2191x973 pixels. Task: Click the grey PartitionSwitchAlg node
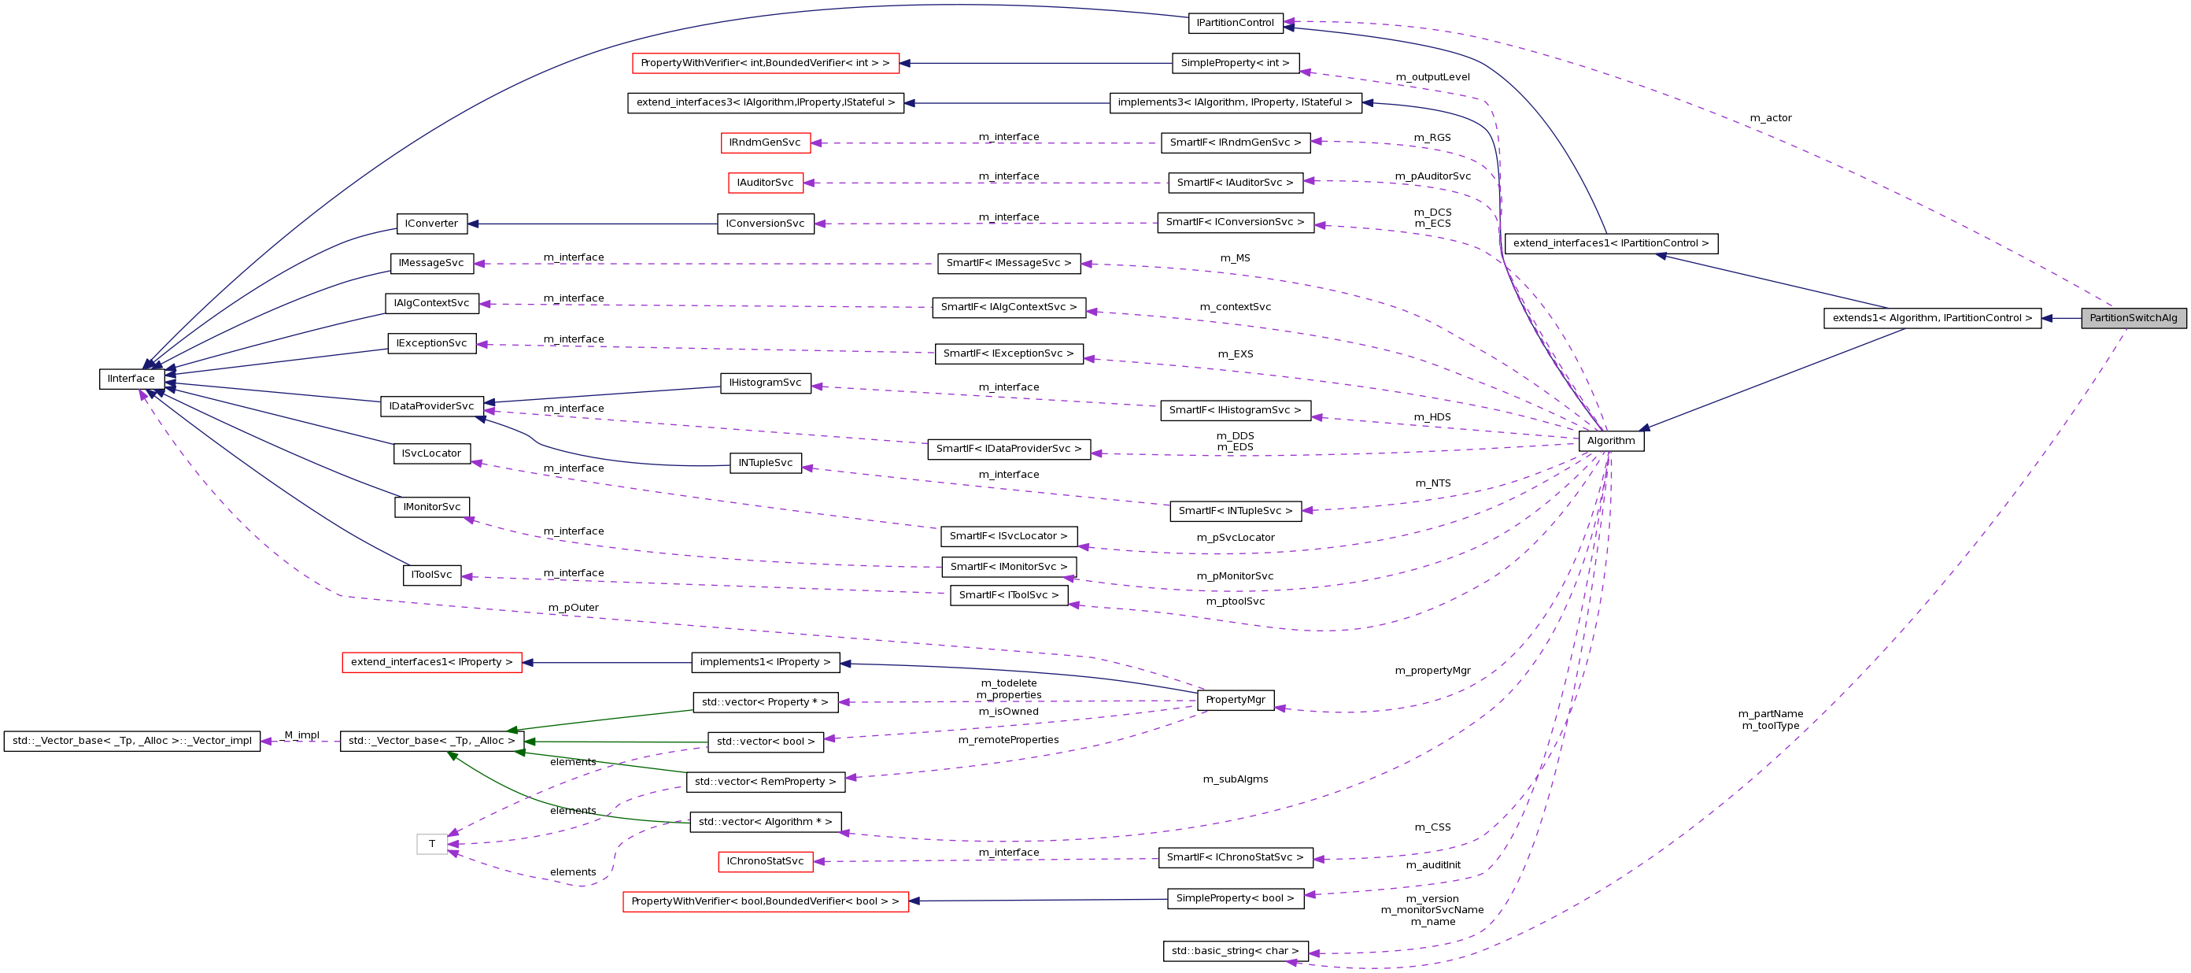click(2134, 318)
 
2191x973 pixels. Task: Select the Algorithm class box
click(1610, 441)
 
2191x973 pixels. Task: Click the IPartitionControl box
click(1234, 23)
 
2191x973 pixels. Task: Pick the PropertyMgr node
click(1235, 700)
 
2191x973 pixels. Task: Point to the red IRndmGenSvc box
click(765, 143)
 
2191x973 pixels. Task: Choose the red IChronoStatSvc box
click(765, 861)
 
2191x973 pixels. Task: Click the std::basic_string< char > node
click(1235, 951)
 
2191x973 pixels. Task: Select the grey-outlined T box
click(432, 844)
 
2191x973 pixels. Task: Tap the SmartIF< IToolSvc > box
click(1009, 595)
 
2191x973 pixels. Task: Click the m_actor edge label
click(1770, 118)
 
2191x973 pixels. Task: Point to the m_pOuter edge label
click(573, 607)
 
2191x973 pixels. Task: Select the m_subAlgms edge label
click(1235, 779)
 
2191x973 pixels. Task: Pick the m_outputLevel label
click(1432, 77)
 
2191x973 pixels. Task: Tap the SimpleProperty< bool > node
click(1235, 898)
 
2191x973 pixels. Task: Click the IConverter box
click(431, 224)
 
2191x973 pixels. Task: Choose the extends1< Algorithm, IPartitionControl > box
click(1931, 318)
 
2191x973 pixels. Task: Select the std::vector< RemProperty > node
click(765, 782)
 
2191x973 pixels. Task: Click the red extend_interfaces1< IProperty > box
click(431, 662)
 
